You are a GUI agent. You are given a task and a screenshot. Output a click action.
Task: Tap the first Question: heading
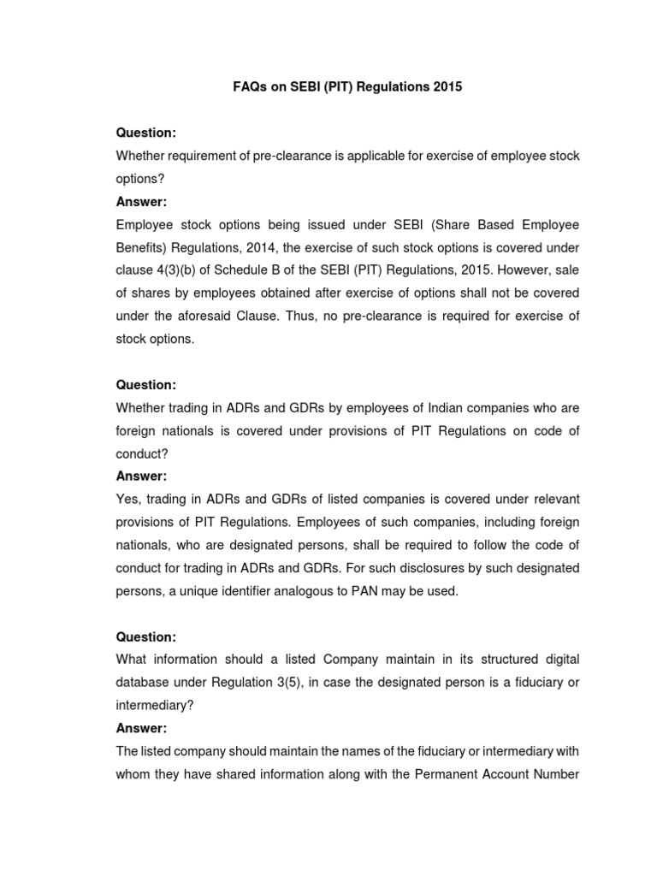(x=145, y=133)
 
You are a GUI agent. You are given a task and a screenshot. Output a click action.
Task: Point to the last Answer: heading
(x=142, y=729)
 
